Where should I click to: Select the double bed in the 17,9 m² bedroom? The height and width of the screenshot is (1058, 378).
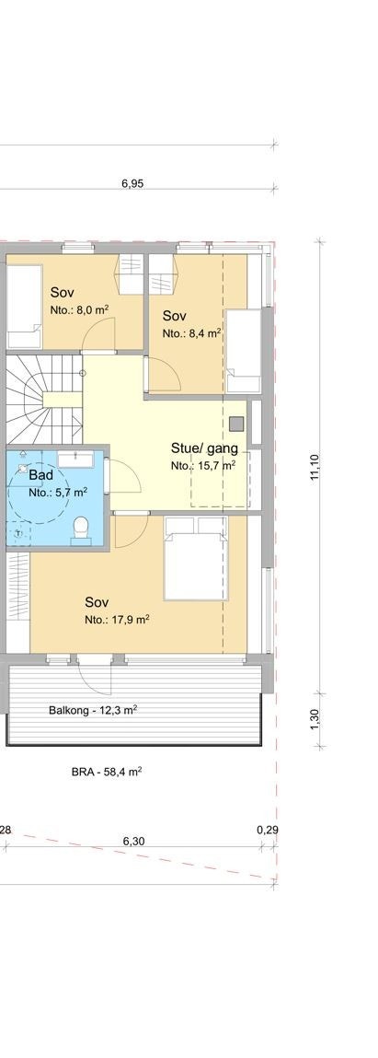[x=194, y=557]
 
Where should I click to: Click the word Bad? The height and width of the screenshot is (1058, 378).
[x=40, y=475]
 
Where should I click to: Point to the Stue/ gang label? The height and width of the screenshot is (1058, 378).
[x=204, y=448]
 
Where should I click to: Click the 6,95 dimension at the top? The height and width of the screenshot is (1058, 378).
[x=132, y=183]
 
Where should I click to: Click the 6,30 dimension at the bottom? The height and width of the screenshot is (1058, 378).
[x=133, y=841]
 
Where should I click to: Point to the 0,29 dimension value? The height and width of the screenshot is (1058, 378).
[x=268, y=831]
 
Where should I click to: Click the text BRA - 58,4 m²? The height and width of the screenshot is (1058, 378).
[x=106, y=772]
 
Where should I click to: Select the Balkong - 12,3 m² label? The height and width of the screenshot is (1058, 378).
[x=93, y=710]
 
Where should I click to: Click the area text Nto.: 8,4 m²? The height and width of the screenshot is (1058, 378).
[x=191, y=333]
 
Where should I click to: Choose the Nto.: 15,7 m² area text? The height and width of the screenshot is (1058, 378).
[x=203, y=466]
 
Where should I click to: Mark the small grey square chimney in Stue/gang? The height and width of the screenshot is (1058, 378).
[x=237, y=424]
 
